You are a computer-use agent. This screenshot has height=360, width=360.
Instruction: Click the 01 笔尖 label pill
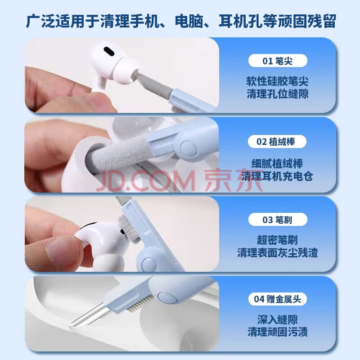coord(278,61)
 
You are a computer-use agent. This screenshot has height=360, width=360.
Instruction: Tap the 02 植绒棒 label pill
coord(277,142)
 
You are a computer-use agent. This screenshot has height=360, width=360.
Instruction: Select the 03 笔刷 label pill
coord(278,220)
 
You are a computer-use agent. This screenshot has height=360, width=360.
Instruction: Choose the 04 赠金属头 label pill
coord(278,299)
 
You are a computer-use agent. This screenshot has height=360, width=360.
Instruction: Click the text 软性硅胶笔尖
coord(277,81)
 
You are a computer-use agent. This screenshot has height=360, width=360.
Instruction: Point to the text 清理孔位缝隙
coord(277,94)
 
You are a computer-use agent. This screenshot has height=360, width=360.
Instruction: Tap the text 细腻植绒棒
coord(277,163)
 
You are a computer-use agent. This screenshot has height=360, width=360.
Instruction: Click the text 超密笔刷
coord(277,240)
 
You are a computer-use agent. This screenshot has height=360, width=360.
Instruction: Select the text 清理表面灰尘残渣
coord(277,252)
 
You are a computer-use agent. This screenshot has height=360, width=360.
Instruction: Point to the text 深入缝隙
coord(277,319)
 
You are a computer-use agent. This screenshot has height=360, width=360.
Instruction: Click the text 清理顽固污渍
coord(277,332)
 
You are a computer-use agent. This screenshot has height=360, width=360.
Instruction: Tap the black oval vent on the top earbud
coord(109,51)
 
